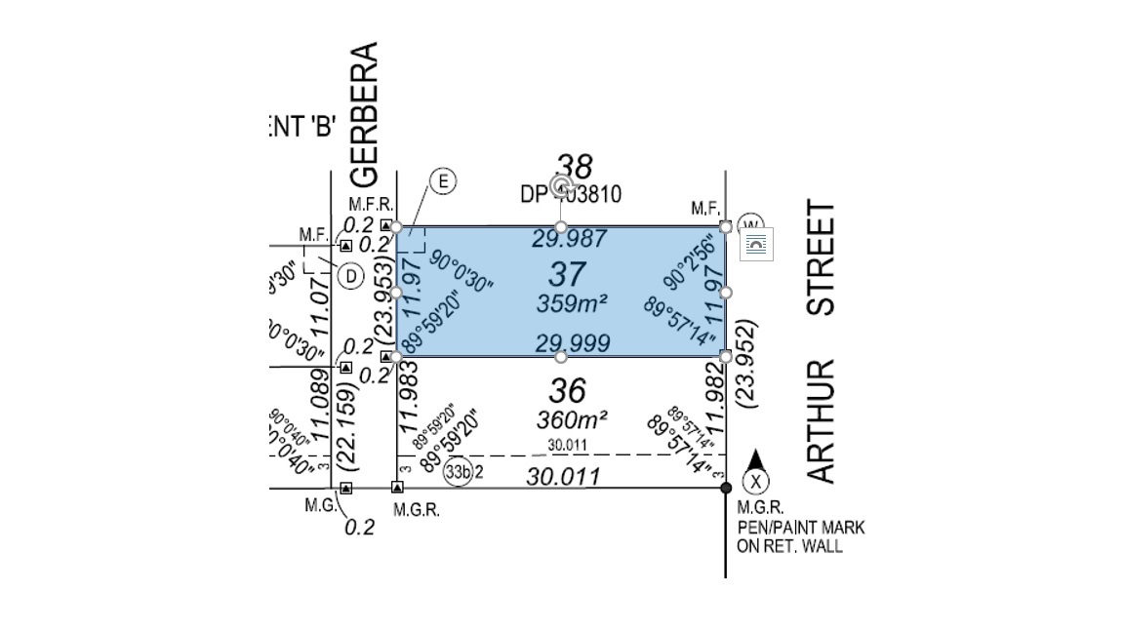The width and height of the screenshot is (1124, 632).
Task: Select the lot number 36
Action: (x=567, y=391)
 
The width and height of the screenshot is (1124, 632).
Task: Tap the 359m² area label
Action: (x=572, y=303)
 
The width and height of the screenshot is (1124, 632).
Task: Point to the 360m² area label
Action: (x=572, y=420)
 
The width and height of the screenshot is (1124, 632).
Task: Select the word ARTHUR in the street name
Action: (x=823, y=420)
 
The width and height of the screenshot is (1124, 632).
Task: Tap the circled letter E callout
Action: (x=443, y=181)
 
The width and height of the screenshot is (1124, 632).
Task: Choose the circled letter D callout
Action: (x=349, y=276)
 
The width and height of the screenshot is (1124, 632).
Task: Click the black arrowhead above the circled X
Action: (x=754, y=458)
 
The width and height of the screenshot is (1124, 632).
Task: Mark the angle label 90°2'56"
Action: (x=695, y=261)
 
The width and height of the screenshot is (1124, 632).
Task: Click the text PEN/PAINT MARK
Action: (x=800, y=528)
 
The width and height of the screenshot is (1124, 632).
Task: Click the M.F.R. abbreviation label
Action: (x=371, y=205)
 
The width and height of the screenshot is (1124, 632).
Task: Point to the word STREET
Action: (x=823, y=257)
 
